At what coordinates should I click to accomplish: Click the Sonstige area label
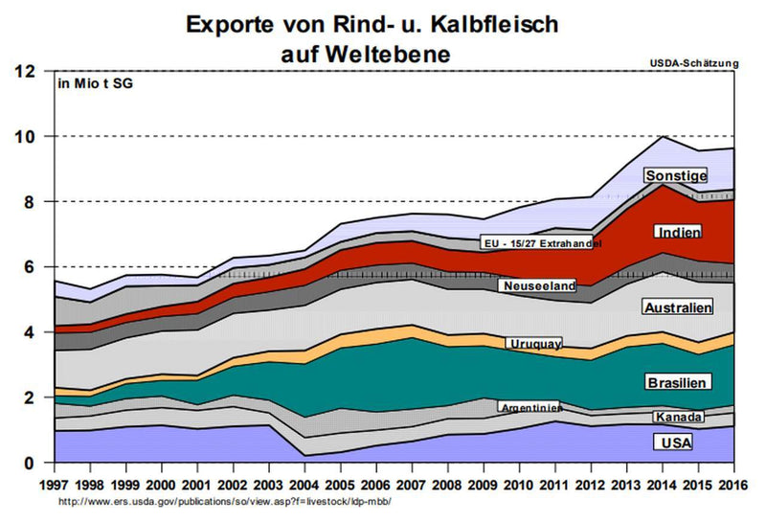click(676, 176)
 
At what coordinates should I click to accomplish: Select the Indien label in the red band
click(679, 232)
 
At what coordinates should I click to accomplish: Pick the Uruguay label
click(536, 343)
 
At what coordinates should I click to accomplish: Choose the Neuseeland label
click(536, 285)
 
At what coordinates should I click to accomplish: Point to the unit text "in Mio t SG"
click(96, 85)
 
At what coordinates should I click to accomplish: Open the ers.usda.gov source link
click(225, 500)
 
